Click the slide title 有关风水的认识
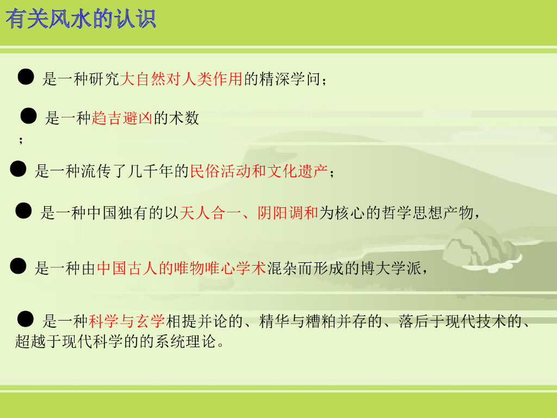click(x=82, y=20)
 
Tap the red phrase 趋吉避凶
click(x=122, y=118)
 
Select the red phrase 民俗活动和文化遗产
click(x=258, y=171)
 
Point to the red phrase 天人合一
click(x=209, y=213)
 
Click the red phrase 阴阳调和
click(x=288, y=213)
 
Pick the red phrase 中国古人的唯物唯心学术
click(x=181, y=268)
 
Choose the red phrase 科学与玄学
click(x=127, y=322)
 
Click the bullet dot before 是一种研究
click(x=26, y=77)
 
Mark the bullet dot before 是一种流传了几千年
click(x=18, y=169)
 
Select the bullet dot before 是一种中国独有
click(x=23, y=211)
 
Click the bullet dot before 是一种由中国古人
click(x=18, y=266)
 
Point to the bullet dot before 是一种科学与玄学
click(x=26, y=319)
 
